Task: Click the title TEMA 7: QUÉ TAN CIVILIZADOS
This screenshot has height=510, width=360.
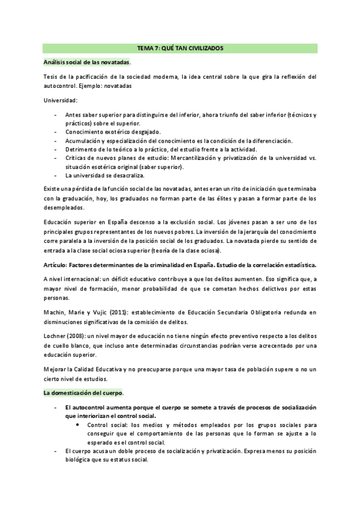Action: click(180, 48)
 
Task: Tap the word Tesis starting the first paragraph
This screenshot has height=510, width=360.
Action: click(51, 77)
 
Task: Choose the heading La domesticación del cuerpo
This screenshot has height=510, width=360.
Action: click(82, 393)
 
